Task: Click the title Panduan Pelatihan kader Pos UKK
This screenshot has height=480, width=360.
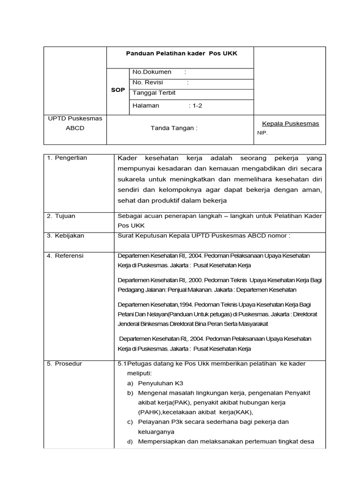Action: tap(181, 53)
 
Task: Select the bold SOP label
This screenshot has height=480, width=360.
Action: tap(118, 90)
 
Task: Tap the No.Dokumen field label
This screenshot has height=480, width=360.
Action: tap(152, 72)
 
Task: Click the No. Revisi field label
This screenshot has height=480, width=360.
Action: tap(147, 82)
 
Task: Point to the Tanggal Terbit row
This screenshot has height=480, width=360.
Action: tap(154, 93)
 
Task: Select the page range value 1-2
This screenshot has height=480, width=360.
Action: tap(195, 106)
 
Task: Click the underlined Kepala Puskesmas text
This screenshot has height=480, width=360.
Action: tap(290, 124)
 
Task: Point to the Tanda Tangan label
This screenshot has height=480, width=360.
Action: tap(173, 128)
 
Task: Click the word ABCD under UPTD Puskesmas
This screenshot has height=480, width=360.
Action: tap(75, 128)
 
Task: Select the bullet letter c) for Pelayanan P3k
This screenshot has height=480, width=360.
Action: tap(130, 422)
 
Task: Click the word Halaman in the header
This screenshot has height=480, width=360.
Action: tap(146, 106)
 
